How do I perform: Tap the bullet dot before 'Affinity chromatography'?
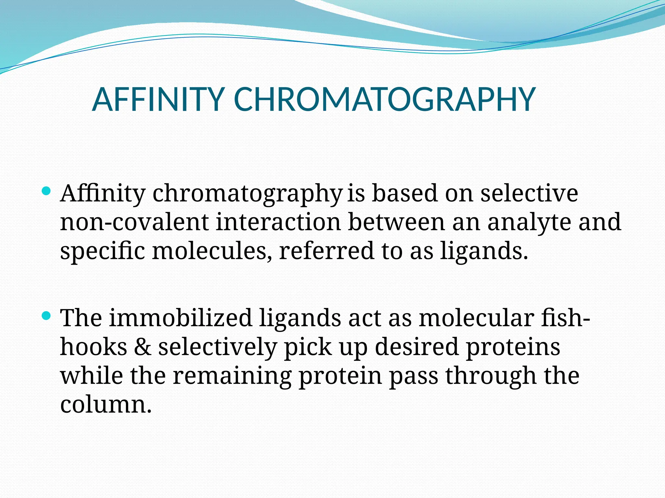[46, 191]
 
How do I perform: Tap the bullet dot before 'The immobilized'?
[46, 315]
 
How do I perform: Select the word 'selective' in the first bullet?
[529, 193]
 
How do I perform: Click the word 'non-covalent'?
[134, 222]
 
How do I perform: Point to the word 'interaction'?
[278, 222]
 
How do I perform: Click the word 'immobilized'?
[181, 318]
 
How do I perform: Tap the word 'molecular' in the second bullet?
[476, 318]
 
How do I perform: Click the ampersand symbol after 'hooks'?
[143, 347]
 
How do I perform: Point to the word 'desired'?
[417, 347]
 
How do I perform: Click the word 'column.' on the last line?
[106, 405]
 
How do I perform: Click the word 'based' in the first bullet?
[405, 193]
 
